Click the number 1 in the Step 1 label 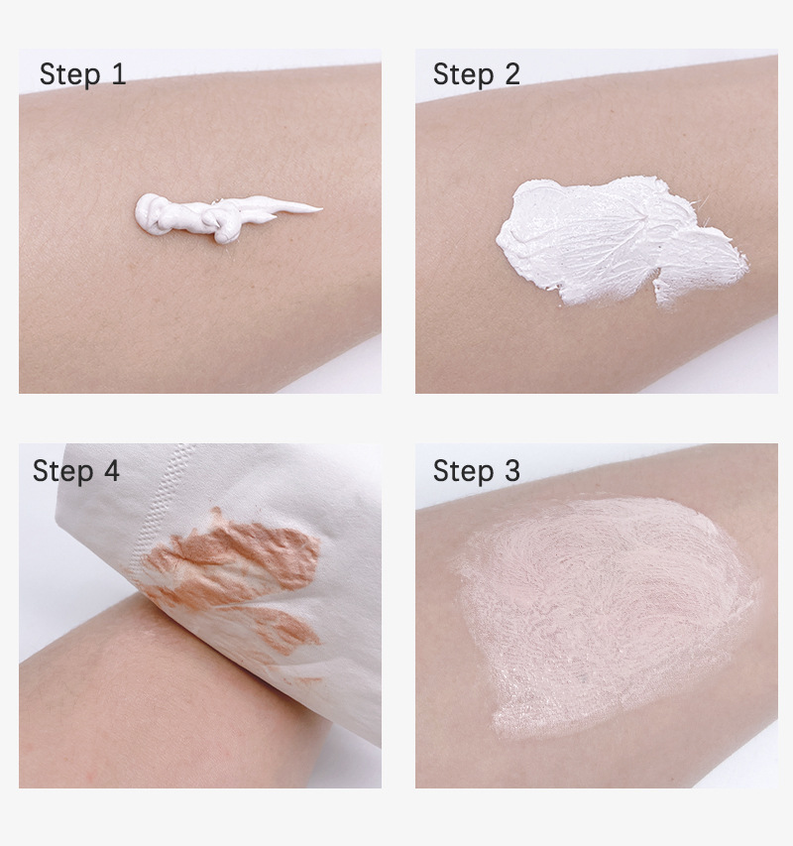(x=118, y=74)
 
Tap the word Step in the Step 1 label (x=70, y=74)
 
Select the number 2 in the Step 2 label (x=510, y=74)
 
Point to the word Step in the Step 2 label (x=462, y=74)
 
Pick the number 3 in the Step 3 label (x=510, y=471)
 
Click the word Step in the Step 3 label (x=462, y=471)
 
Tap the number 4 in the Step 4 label (x=110, y=471)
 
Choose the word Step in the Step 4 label (x=62, y=471)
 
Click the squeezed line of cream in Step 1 (x=218, y=214)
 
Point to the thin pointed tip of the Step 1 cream (x=315, y=208)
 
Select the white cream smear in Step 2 (x=605, y=238)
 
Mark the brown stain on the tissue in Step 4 (x=238, y=565)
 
